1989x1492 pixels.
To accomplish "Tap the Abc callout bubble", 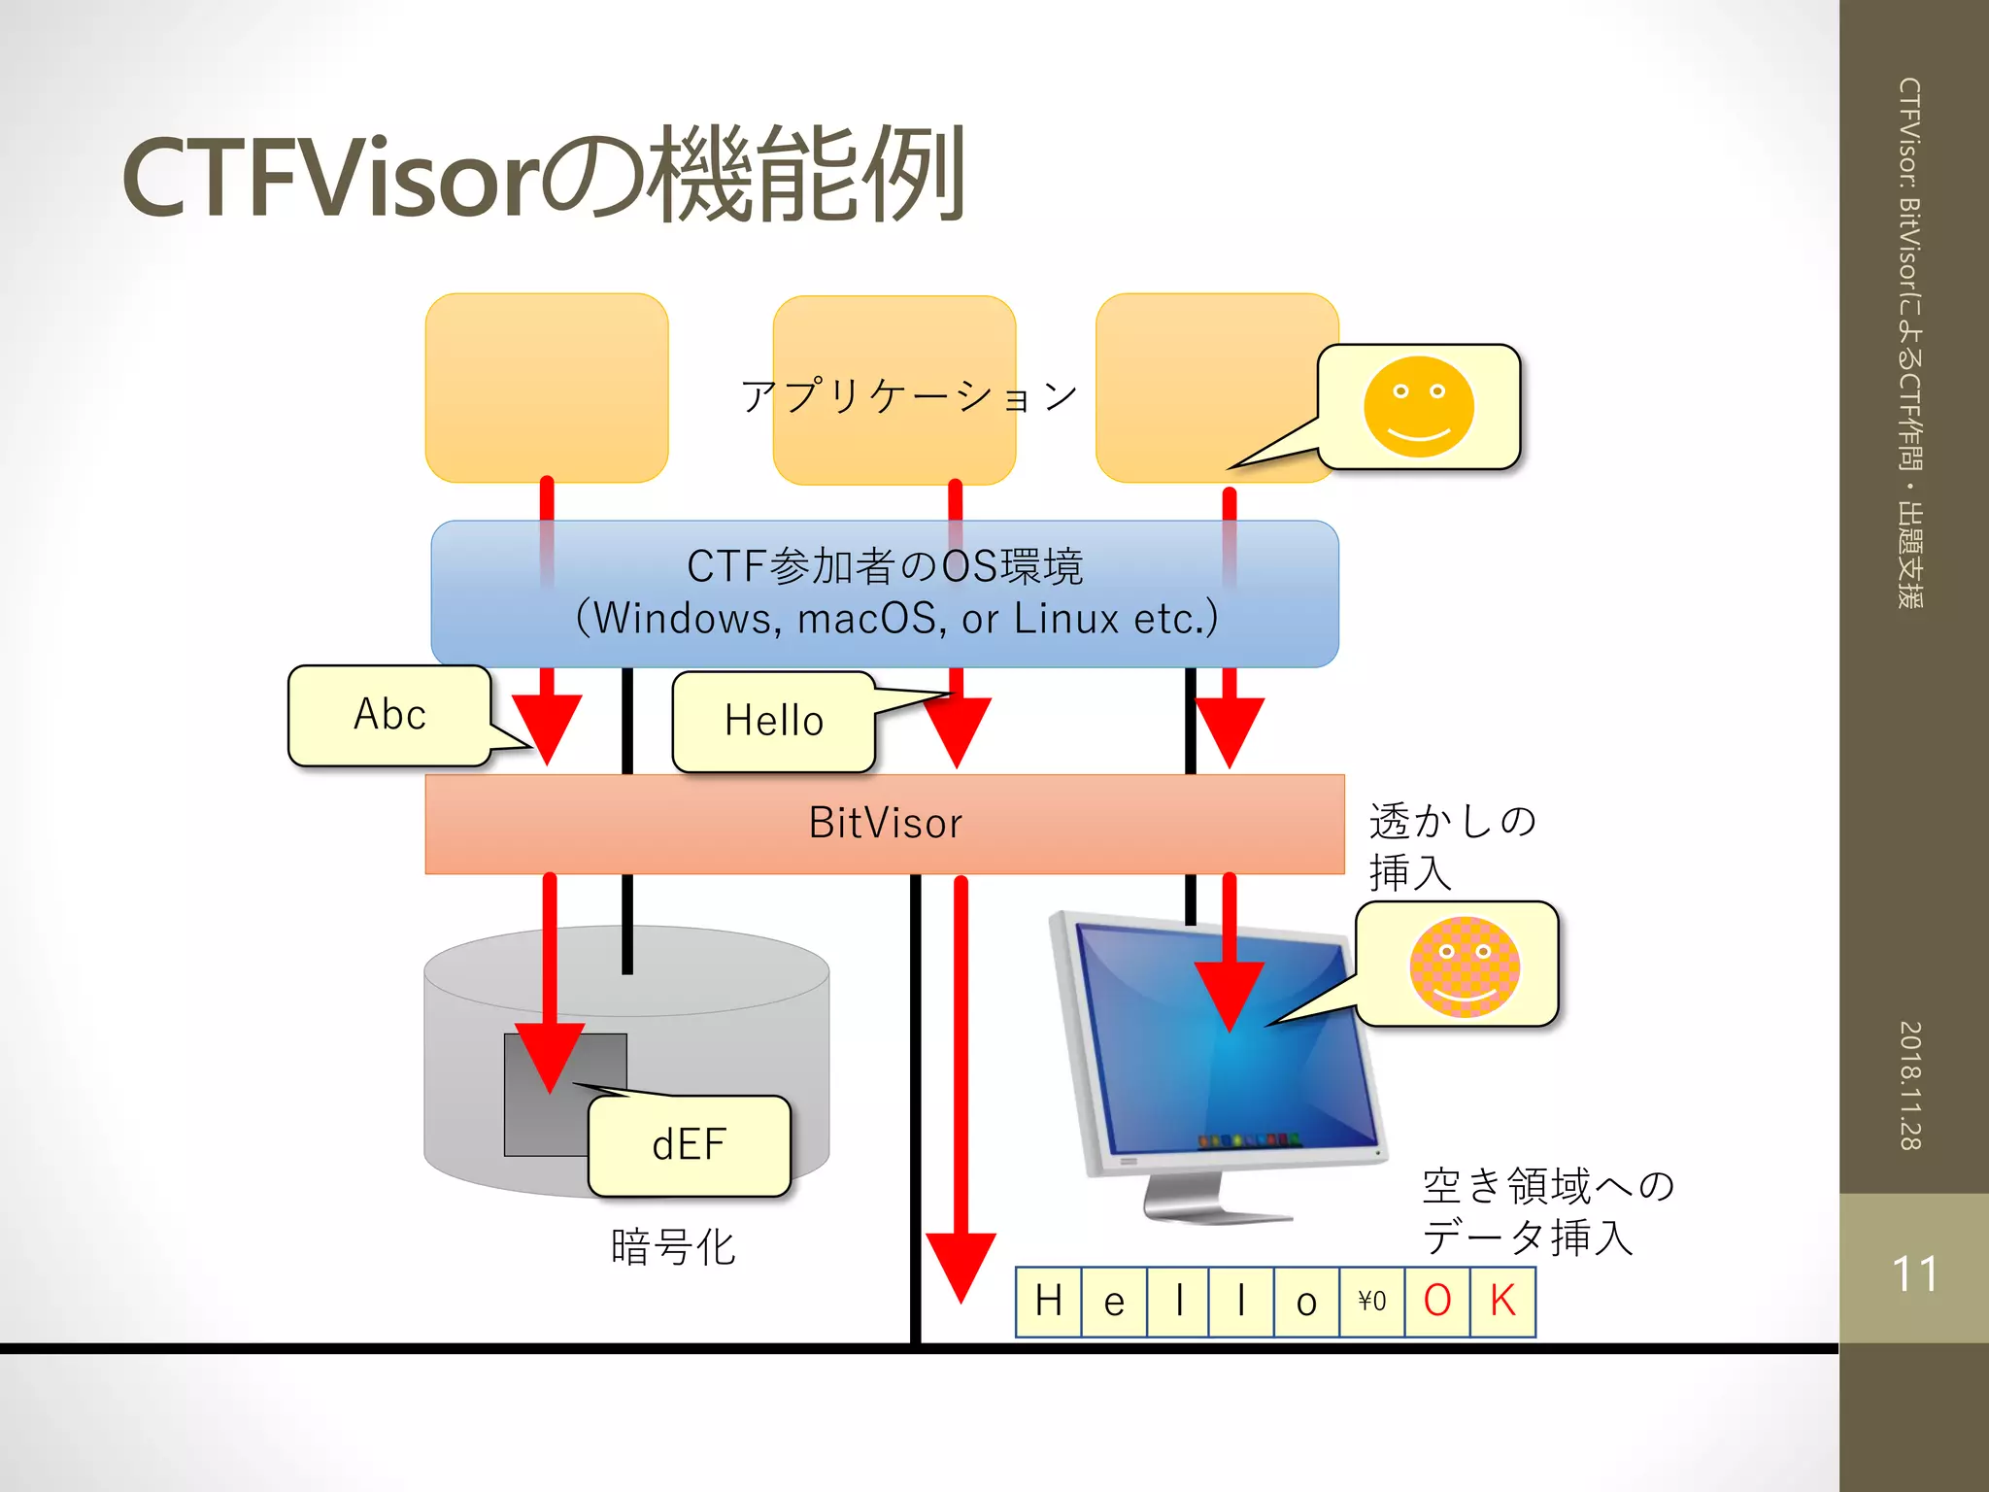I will [389, 715].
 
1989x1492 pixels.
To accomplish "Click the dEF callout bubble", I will [689, 1145].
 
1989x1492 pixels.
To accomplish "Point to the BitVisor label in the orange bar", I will [885, 824].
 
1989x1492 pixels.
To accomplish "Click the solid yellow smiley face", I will [1418, 407].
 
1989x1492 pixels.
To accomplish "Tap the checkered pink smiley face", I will [1464, 966].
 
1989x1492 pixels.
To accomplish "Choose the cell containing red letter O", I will [1437, 1302].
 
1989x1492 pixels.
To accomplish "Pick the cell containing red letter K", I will [1502, 1302].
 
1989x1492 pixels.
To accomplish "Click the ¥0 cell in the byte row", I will [1371, 1302].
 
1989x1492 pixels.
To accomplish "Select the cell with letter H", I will [1048, 1302].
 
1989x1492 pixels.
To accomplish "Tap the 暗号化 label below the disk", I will [673, 1247].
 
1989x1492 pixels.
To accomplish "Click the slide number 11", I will [1914, 1273].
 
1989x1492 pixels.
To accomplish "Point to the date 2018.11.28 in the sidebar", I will [1911, 1085].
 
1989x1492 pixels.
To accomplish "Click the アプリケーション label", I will [909, 396].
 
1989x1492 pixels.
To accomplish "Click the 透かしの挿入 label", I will [1451, 846].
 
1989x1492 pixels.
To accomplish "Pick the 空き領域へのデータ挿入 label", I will [1547, 1211].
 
